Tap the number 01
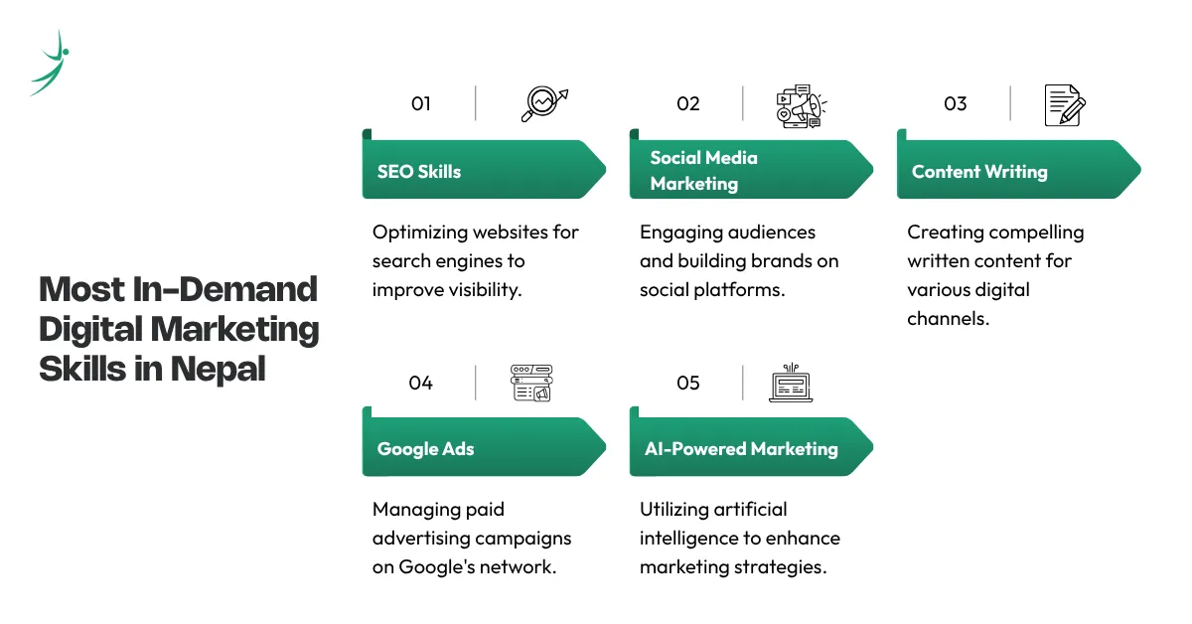click(420, 103)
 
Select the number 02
click(687, 103)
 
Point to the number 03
click(955, 103)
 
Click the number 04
click(420, 383)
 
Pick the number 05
click(687, 383)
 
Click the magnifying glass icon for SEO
click(544, 103)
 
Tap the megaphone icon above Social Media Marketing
click(802, 106)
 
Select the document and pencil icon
click(1065, 105)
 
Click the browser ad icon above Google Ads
click(531, 383)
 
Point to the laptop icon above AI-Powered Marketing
click(791, 383)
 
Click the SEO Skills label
click(419, 172)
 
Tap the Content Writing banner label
click(979, 172)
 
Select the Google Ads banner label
click(425, 449)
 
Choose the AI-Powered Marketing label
click(741, 449)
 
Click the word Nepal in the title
click(219, 369)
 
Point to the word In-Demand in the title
click(224, 289)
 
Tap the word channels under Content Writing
click(949, 318)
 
